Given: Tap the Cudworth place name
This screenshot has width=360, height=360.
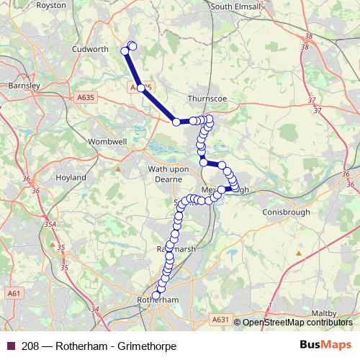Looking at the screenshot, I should (90, 50).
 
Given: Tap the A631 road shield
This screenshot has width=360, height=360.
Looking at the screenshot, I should (220, 319).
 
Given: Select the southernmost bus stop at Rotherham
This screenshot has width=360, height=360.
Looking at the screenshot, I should (156, 295).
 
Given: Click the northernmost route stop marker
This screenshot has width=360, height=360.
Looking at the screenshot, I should (132, 47).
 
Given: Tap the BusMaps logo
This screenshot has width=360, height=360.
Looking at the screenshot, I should (325, 346).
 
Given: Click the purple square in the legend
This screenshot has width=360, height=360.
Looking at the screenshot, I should (10, 346).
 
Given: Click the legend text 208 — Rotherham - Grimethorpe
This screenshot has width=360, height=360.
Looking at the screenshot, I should (99, 346).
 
